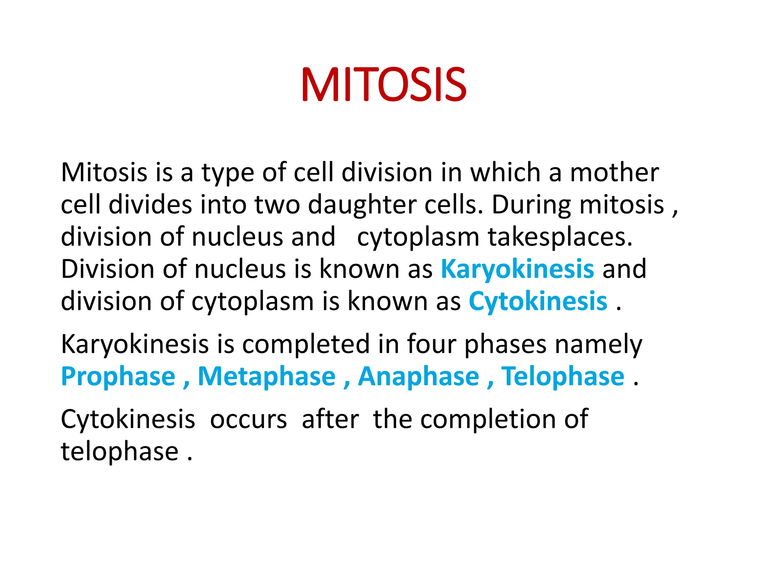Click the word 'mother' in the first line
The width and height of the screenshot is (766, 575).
[x=614, y=173]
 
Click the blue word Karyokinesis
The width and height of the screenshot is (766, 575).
[x=517, y=269]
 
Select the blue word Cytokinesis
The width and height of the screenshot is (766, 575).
[x=538, y=301]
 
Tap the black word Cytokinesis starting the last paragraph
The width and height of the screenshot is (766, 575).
[x=128, y=419]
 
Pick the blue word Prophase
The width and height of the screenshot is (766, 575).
[x=118, y=376]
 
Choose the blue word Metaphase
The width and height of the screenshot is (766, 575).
[x=267, y=376]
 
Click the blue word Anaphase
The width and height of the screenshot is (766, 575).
[x=419, y=376]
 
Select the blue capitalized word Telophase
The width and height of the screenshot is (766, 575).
[x=563, y=376]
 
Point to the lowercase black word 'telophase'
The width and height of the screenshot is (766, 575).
[x=120, y=451]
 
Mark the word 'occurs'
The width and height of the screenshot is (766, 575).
[x=248, y=419]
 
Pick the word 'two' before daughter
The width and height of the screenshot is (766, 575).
[x=277, y=205]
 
